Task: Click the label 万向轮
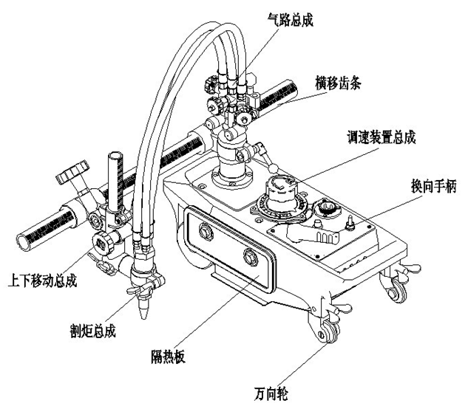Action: click(x=269, y=395)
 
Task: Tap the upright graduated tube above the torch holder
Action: click(x=114, y=176)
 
